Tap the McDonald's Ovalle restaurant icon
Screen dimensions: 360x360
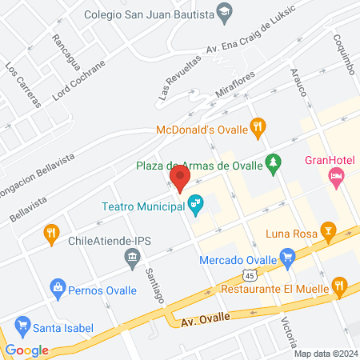[x=258, y=126]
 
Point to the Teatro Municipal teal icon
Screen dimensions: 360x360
[x=195, y=206]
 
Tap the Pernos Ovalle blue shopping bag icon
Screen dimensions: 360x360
[x=57, y=286]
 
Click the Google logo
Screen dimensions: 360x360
[x=26, y=350]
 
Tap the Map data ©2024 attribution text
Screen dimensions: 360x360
[x=325, y=353]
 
